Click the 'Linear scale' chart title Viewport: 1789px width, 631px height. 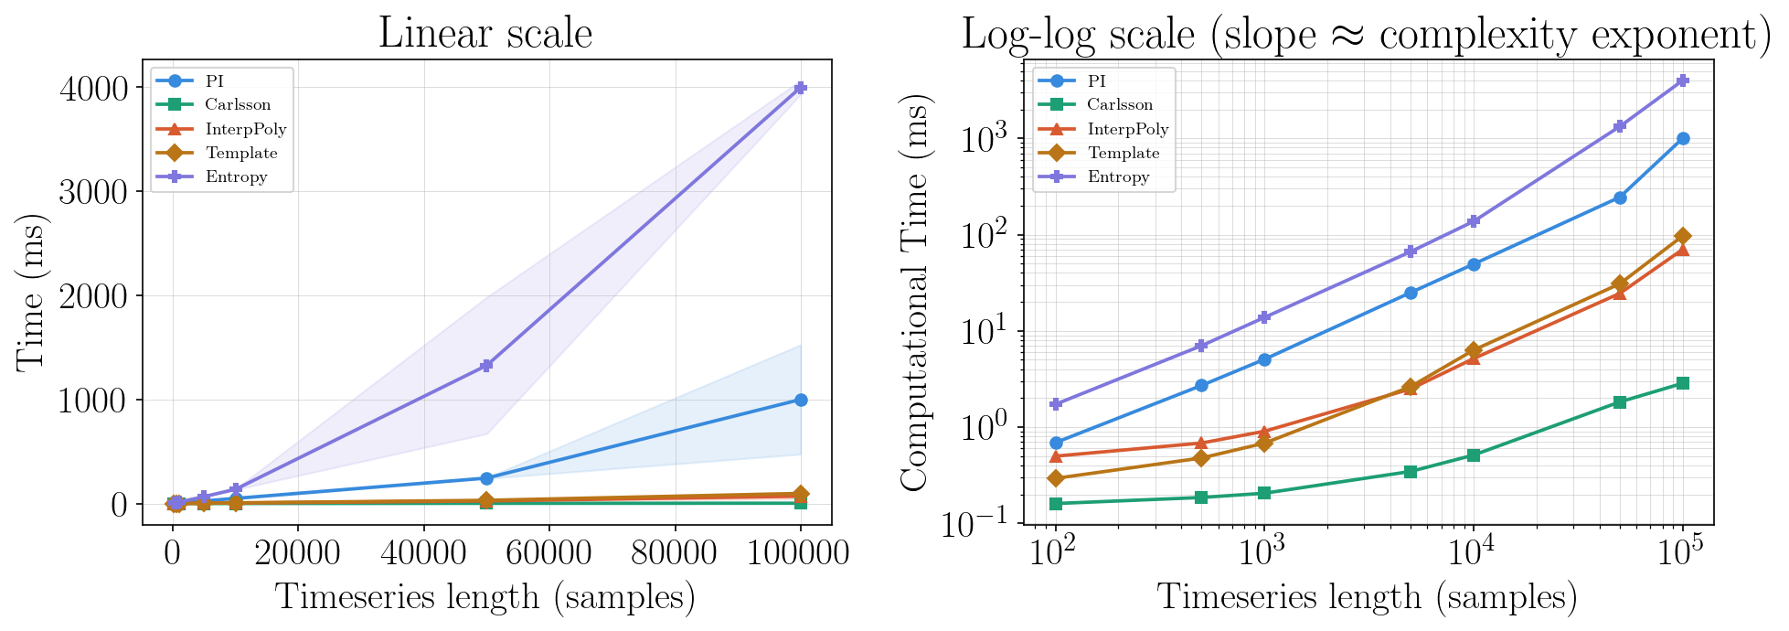(485, 34)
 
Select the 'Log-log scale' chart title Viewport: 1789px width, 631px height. (1366, 34)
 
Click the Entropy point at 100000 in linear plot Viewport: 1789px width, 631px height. (801, 88)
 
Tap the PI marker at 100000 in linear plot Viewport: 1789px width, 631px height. (801, 400)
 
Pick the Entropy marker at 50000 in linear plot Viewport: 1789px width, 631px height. (486, 365)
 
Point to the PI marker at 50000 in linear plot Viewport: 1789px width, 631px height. (486, 478)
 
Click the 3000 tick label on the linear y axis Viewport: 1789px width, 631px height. (95, 191)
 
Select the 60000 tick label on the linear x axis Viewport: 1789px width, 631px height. (549, 552)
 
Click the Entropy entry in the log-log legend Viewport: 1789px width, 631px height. (1118, 177)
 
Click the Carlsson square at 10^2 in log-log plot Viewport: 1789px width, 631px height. (1056, 504)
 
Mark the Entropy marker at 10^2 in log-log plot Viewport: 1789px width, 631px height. (1056, 404)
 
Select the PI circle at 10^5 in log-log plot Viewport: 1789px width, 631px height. (1683, 138)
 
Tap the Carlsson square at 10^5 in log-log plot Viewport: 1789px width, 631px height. (1683, 383)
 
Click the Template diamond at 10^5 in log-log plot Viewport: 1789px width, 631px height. (1683, 236)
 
